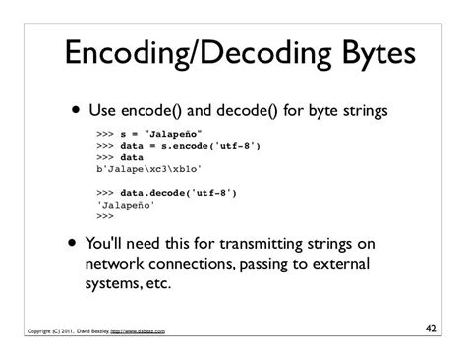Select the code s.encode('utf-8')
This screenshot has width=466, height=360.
[x=210, y=144]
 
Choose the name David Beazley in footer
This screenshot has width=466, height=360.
[x=84, y=331]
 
